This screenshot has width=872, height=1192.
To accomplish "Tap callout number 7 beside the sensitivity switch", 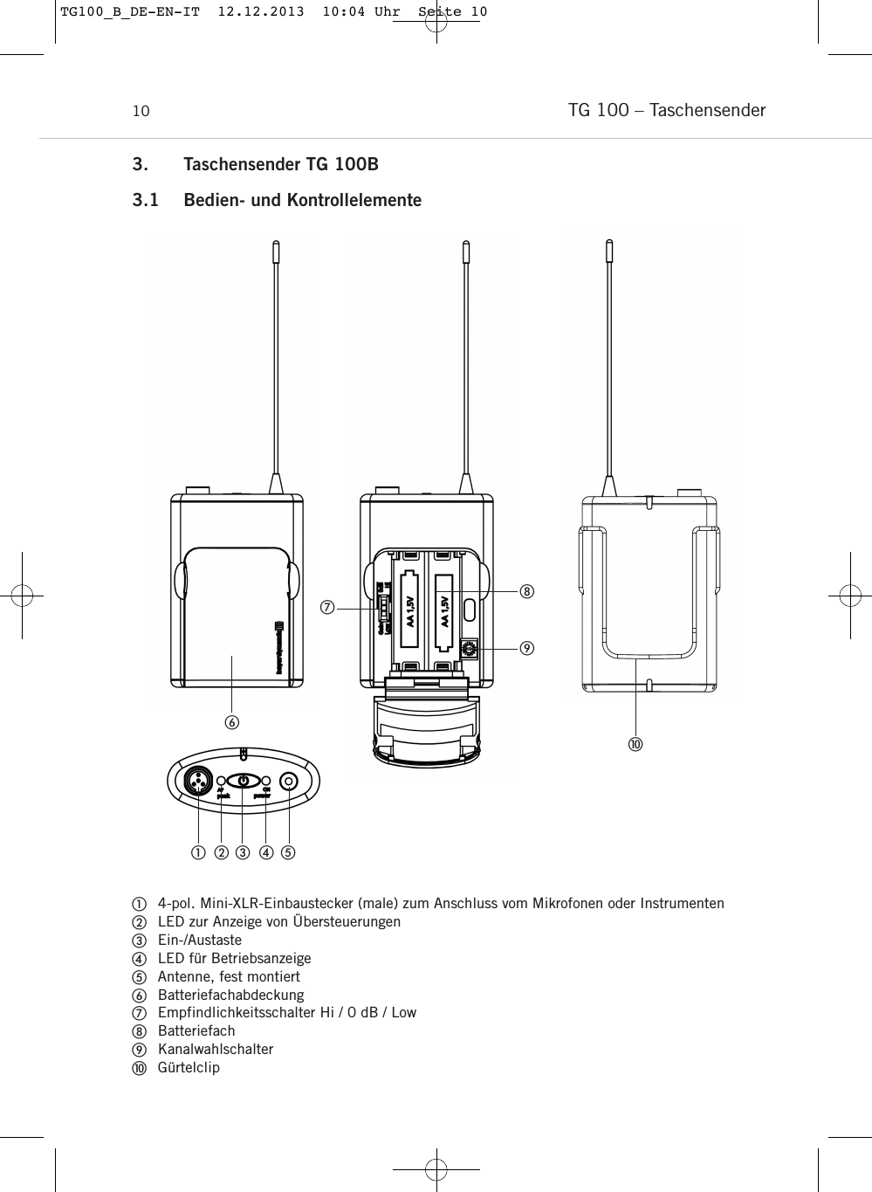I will tap(326, 607).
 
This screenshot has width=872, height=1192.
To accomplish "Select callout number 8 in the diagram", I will tap(526, 591).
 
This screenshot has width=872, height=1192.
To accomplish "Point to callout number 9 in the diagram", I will tap(526, 648).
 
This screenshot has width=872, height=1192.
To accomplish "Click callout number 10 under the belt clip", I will tap(635, 744).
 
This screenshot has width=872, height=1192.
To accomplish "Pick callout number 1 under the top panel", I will tap(198, 851).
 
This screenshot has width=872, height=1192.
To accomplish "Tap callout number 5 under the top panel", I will tap(288, 851).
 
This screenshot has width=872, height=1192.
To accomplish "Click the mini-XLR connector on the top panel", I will tap(198, 781).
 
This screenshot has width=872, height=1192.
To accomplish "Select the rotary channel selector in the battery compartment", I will tap(468, 649).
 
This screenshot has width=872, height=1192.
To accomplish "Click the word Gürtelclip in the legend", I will tap(189, 1067).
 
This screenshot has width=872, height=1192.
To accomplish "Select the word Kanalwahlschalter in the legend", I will tap(215, 1049).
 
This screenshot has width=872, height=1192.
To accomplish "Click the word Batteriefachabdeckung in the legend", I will tap(230, 995).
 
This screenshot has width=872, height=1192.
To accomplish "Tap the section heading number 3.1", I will tap(145, 201).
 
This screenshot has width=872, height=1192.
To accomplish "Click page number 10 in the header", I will tap(141, 112).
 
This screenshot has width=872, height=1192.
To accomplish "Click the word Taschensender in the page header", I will tap(707, 111).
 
